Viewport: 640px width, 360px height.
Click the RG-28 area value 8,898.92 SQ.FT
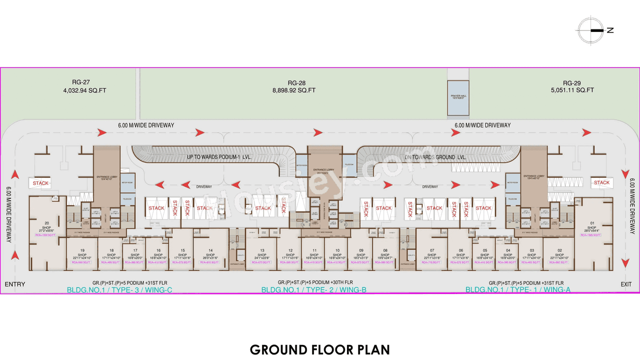click(294, 90)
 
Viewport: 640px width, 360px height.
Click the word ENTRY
click(15, 284)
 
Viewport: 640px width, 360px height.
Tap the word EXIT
click(626, 284)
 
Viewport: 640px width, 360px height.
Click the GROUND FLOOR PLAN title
click(320, 349)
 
